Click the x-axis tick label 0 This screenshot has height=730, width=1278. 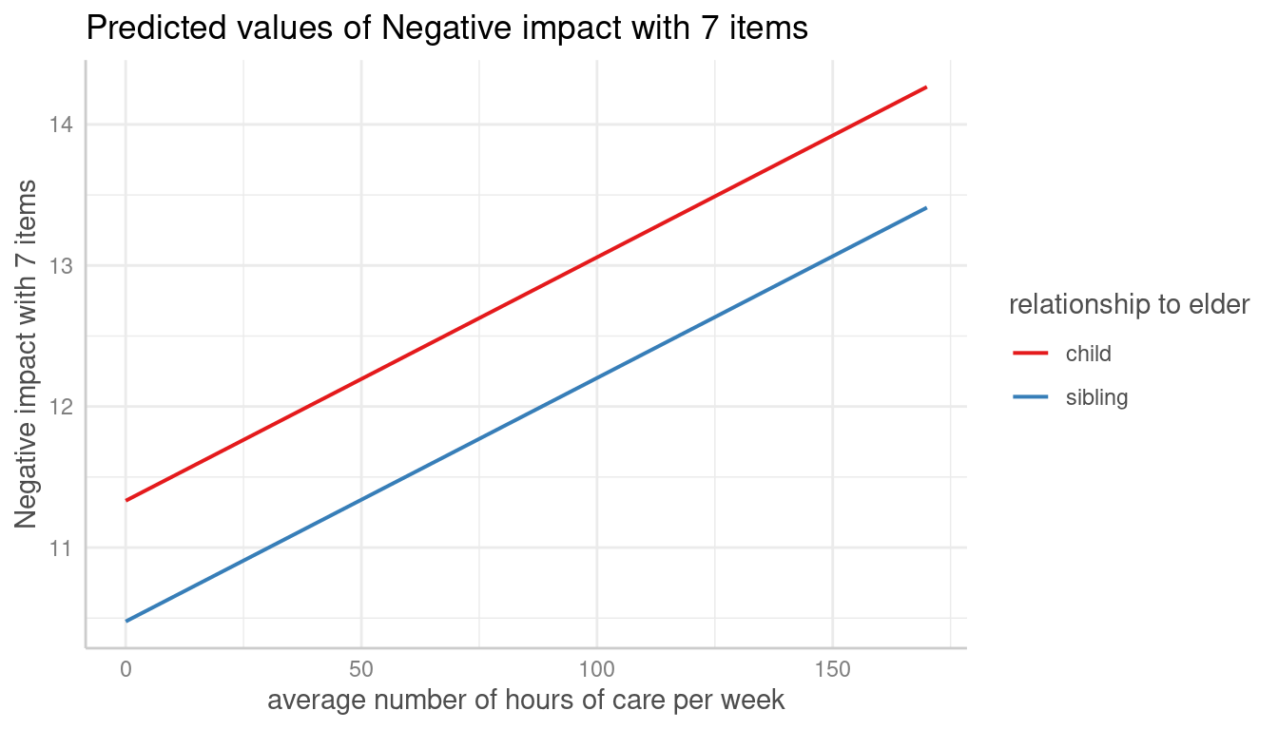(x=126, y=669)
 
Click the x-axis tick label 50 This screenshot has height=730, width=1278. (x=361, y=669)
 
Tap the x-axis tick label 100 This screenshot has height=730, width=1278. (x=596, y=669)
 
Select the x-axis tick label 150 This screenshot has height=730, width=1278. (x=832, y=669)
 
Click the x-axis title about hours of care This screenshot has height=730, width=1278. (x=526, y=701)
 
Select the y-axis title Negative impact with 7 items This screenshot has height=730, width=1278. (x=27, y=354)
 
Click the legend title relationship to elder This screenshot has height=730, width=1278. (x=1129, y=305)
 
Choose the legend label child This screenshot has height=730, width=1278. (x=1088, y=354)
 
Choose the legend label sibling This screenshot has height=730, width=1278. (x=1096, y=397)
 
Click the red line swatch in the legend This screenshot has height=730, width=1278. (x=1031, y=354)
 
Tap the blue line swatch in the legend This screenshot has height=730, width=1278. (x=1031, y=397)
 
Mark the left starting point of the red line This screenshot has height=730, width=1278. (x=126, y=500)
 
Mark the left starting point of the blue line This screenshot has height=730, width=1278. (x=126, y=622)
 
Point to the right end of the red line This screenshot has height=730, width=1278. (x=926, y=86)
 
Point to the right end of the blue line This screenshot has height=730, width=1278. (x=926, y=207)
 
